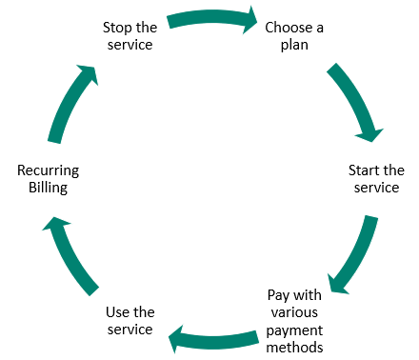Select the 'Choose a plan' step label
[x=294, y=36]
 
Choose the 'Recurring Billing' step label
[x=48, y=179]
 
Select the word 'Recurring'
[x=48, y=170]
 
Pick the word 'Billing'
[x=48, y=189]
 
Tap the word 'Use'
[x=115, y=311]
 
